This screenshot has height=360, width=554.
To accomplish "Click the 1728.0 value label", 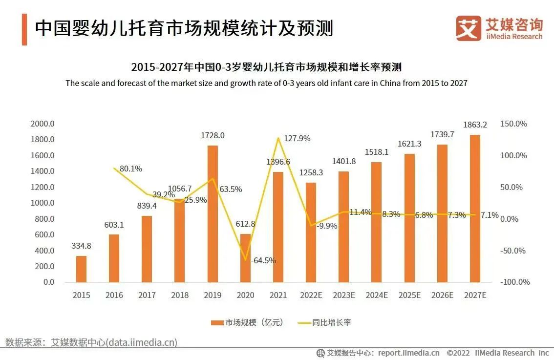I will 213,135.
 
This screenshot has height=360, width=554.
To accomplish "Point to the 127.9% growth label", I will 297,138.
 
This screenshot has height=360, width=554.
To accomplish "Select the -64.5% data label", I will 263,260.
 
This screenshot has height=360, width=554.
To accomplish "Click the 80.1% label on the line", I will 130,169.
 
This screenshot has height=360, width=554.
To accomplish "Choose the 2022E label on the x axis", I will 311,295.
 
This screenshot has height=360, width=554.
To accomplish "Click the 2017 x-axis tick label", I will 147,295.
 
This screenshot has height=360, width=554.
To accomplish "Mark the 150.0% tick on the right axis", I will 514,124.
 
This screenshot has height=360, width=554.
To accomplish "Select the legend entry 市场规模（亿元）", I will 247,322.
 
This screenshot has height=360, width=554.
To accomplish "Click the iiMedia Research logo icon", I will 468,28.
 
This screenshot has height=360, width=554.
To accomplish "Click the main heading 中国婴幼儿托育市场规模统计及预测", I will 184,28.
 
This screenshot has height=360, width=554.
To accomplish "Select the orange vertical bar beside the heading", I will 24,30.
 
